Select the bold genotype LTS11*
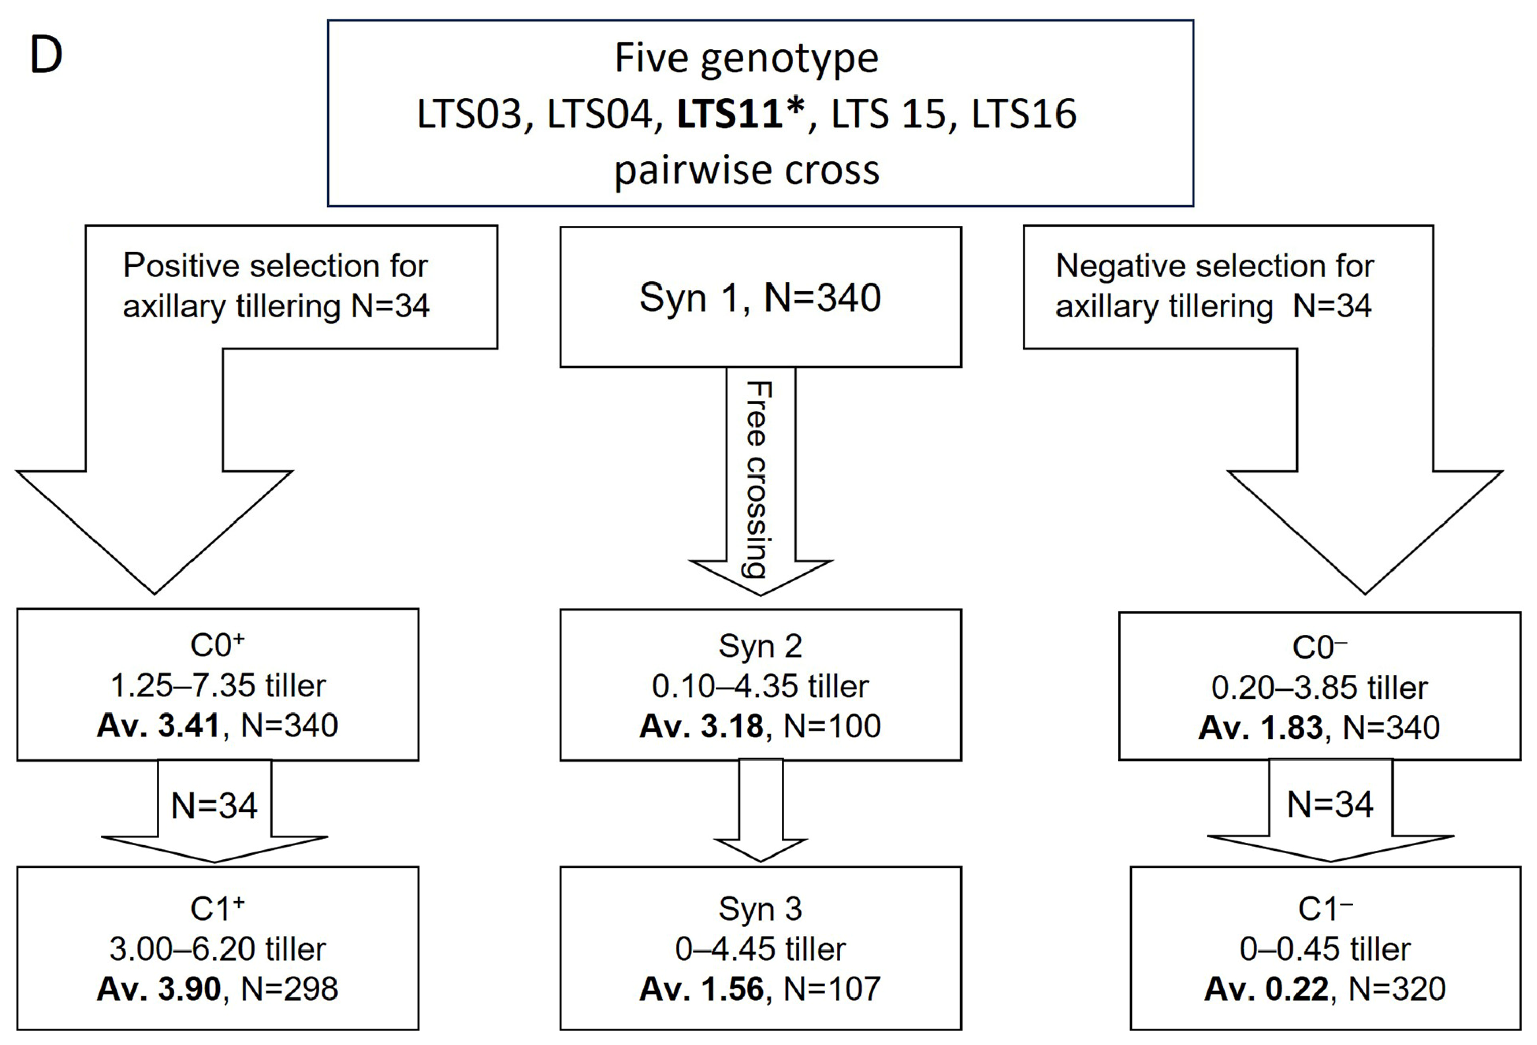click(741, 114)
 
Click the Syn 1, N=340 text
click(760, 297)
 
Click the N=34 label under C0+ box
click(214, 805)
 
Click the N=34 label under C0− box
click(1330, 804)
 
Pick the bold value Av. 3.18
click(701, 726)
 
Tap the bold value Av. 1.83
click(1260, 728)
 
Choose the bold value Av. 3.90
click(158, 989)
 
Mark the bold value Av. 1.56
click(701, 989)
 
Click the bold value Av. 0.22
click(1265, 989)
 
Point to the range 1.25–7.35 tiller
click(218, 686)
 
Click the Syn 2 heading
click(760, 646)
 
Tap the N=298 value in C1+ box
click(289, 989)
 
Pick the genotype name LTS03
click(469, 114)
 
